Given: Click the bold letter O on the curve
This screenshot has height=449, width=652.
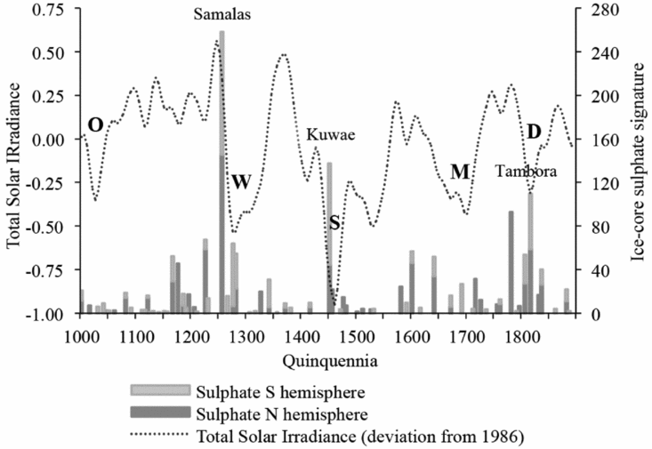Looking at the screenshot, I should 95,124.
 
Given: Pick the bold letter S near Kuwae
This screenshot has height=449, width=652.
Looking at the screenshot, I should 334,223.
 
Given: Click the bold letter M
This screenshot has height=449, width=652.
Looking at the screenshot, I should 459,172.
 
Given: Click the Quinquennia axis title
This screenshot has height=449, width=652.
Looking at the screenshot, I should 324,360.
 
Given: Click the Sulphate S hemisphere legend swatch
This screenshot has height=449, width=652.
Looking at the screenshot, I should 160,389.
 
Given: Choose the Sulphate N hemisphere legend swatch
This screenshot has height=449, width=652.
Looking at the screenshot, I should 160,412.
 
